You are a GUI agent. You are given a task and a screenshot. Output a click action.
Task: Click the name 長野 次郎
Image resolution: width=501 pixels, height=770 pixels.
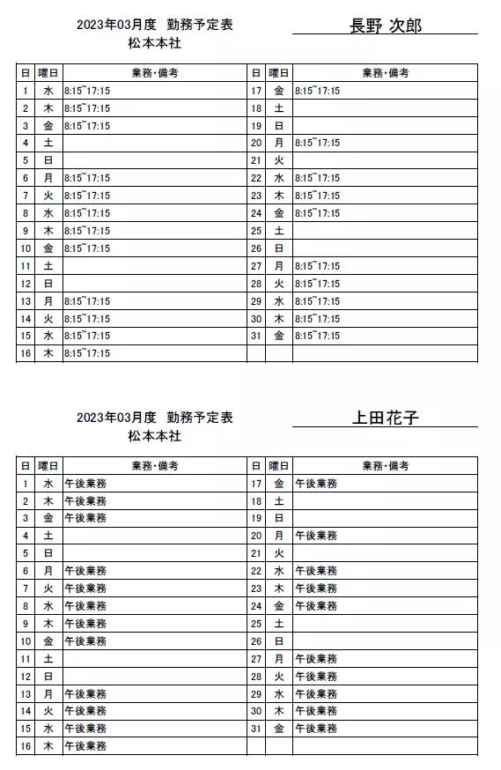(x=386, y=26)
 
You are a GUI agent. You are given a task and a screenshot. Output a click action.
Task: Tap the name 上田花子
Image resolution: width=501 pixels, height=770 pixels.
(x=386, y=418)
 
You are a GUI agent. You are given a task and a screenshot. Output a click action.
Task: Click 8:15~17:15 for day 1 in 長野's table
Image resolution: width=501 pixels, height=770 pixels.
(x=87, y=91)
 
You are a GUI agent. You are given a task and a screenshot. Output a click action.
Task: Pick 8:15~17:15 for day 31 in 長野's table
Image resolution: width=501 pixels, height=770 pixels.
(x=317, y=336)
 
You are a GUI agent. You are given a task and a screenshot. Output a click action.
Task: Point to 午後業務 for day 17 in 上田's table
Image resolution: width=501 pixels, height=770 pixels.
(x=316, y=483)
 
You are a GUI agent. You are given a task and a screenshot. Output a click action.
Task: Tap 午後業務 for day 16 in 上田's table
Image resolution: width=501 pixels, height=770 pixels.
(x=85, y=746)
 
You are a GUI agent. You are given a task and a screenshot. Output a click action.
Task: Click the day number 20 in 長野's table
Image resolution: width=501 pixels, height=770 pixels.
(x=256, y=143)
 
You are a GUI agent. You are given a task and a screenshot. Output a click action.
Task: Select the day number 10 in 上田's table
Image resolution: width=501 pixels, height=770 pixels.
(x=26, y=640)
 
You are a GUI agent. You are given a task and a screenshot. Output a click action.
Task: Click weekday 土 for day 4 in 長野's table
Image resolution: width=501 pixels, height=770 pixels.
(x=48, y=143)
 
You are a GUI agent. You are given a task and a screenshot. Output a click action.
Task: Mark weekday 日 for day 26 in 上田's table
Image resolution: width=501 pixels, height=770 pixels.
(x=279, y=640)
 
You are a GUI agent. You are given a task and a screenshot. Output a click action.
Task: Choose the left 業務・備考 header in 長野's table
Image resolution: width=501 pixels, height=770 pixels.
(x=156, y=73)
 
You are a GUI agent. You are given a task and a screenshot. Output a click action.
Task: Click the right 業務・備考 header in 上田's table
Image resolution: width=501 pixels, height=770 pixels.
(x=386, y=466)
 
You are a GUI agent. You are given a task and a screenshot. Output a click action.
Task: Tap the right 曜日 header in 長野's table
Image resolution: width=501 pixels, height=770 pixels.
(x=279, y=73)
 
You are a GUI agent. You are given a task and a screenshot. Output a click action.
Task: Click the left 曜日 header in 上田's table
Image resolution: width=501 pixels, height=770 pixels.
(x=48, y=466)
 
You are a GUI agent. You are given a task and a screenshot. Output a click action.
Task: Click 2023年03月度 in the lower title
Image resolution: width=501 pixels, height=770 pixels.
(x=116, y=418)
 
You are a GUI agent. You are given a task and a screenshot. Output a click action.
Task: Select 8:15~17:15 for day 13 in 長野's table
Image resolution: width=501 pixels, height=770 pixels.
(x=87, y=301)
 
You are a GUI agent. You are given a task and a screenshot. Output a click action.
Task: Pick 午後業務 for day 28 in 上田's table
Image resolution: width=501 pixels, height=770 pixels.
(x=316, y=676)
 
